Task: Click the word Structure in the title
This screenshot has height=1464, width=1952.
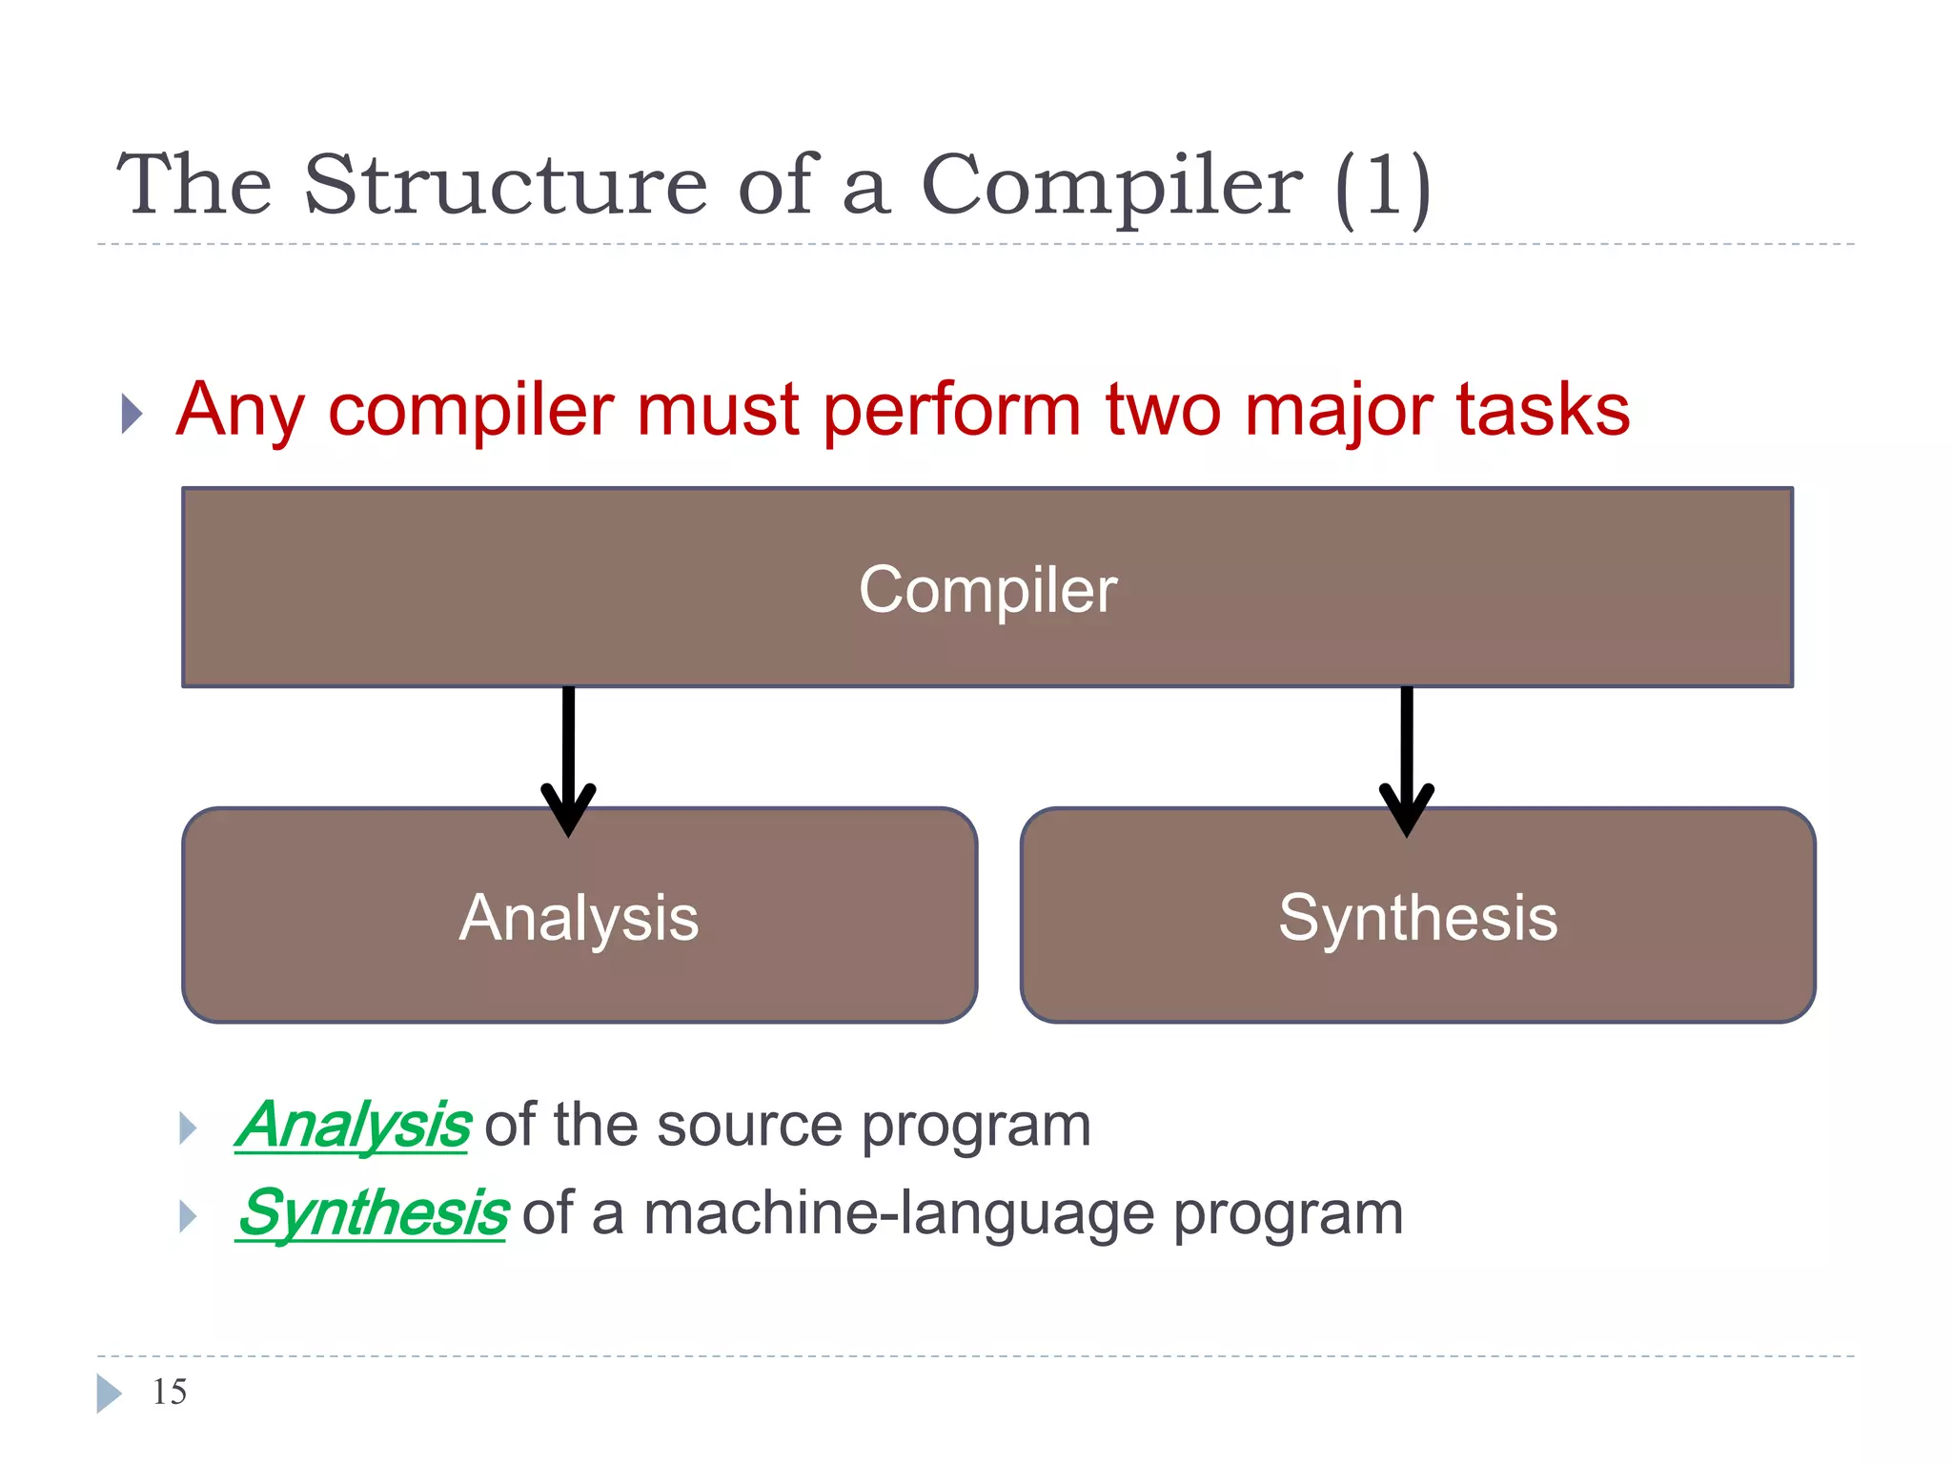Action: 505,186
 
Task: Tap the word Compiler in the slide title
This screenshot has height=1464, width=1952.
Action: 1110,186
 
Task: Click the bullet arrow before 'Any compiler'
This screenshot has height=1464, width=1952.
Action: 132,414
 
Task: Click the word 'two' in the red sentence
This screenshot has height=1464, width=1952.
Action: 1163,411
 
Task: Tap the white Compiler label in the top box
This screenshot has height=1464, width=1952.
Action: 987,590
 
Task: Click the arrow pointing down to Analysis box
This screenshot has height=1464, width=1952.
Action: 568,762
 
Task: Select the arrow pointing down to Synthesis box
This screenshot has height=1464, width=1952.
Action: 1407,762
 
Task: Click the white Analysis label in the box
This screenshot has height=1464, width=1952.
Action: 579,918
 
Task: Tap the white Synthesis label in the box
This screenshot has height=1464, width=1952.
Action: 1417,918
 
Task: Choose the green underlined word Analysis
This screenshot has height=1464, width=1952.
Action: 353,1126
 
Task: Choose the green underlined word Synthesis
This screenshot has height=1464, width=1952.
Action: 372,1213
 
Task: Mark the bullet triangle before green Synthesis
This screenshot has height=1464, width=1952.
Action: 188,1216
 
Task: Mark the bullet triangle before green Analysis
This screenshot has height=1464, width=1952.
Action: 188,1128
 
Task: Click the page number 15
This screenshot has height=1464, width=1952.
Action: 170,1392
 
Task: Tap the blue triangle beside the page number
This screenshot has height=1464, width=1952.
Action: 108,1393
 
